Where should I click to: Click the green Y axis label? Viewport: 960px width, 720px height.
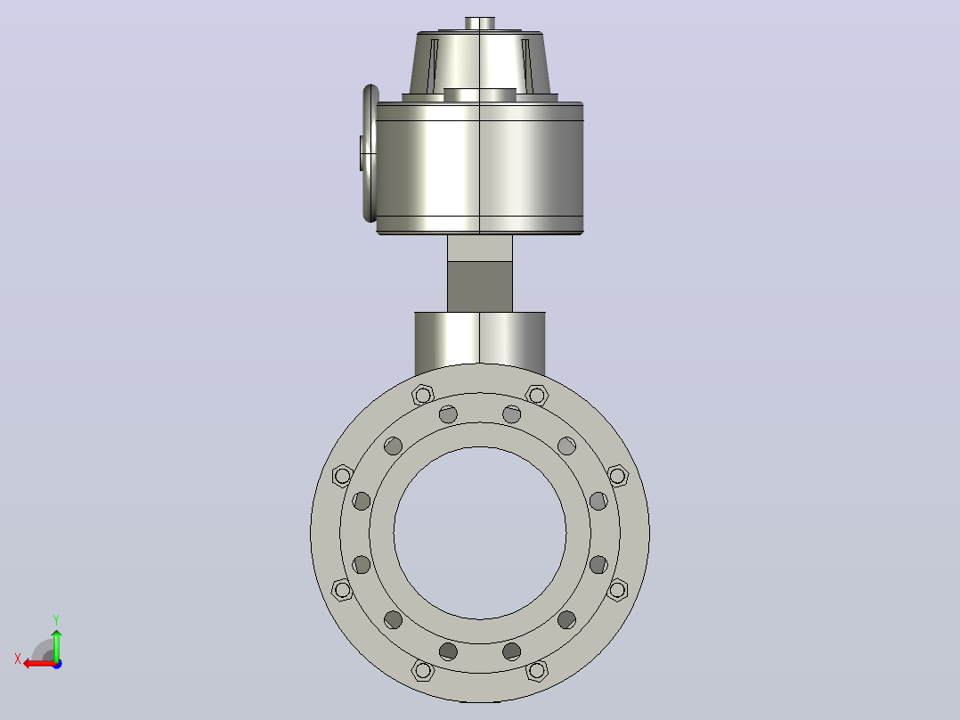click(x=56, y=620)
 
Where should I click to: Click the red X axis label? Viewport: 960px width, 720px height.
click(x=18, y=659)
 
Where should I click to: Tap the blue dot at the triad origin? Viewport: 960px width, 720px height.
click(x=57, y=664)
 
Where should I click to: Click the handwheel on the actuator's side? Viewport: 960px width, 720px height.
click(x=370, y=153)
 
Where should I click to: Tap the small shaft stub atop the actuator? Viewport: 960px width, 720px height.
click(x=480, y=23)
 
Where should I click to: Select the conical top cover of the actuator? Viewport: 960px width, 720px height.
click(x=479, y=62)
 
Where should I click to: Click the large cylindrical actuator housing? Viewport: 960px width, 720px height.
click(x=479, y=168)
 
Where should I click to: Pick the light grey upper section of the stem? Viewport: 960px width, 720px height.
click(x=479, y=249)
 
